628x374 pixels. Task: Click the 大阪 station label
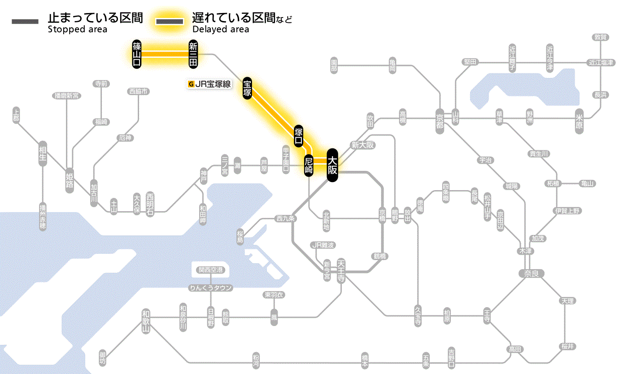click(332, 165)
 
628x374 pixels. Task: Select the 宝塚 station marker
click(247, 88)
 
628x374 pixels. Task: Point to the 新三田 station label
click(193, 54)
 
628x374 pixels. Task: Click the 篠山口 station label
click(137, 54)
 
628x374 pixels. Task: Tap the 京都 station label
click(440, 119)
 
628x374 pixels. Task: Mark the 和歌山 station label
click(145, 321)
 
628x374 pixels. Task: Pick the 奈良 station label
click(531, 273)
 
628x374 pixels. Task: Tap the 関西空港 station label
click(211, 270)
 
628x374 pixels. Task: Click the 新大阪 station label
click(362, 145)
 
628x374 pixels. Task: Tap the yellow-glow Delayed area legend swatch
click(169, 22)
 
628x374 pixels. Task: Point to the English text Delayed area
click(220, 30)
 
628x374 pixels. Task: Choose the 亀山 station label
click(587, 183)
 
